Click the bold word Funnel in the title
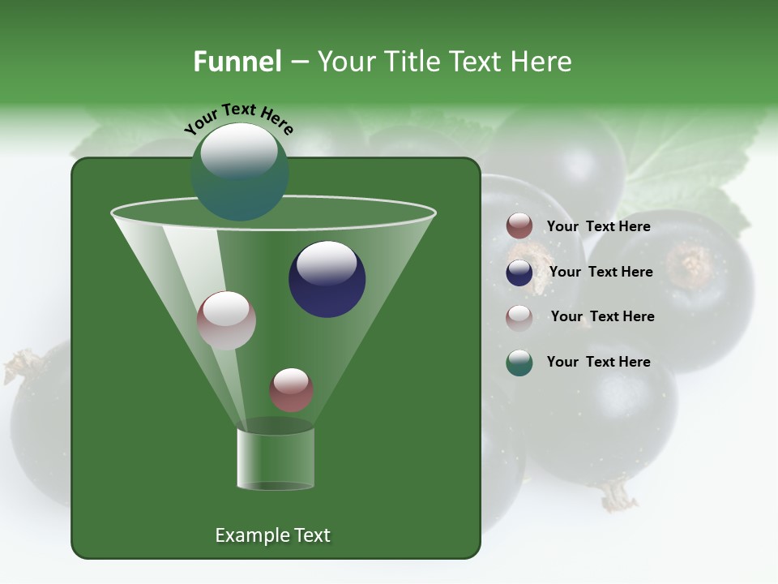(x=237, y=62)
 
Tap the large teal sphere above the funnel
(x=239, y=171)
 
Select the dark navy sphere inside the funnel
(x=327, y=279)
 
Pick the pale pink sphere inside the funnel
(x=226, y=320)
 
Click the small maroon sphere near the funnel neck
(x=291, y=389)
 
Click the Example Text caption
(x=272, y=535)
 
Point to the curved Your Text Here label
(x=238, y=118)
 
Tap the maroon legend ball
(x=519, y=226)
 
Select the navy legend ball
(x=519, y=273)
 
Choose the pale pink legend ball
(x=519, y=317)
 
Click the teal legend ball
(x=519, y=363)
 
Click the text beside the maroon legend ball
(x=598, y=226)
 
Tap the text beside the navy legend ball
(x=601, y=272)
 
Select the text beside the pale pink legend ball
(x=602, y=316)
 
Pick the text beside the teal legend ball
(x=598, y=362)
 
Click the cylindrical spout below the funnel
(x=276, y=458)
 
